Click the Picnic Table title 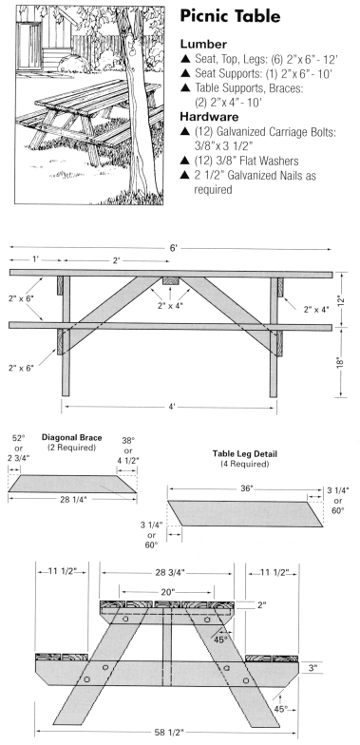click(x=230, y=17)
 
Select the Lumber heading click(x=203, y=44)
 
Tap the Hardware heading click(x=209, y=116)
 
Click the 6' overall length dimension click(x=174, y=248)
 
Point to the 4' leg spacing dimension click(x=172, y=407)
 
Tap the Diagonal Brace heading click(x=72, y=437)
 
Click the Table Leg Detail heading click(x=245, y=454)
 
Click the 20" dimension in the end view click(x=167, y=591)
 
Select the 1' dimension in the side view click(x=36, y=260)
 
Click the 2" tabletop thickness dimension click(x=262, y=604)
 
